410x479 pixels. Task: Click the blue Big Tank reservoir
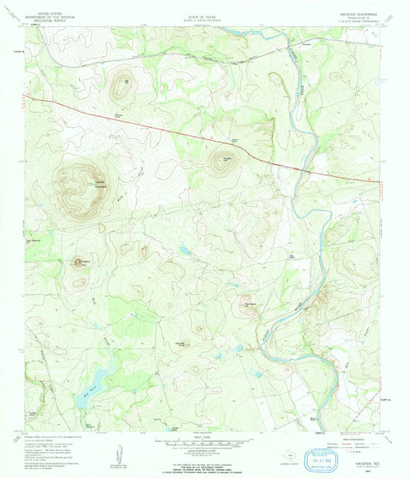click(98, 377)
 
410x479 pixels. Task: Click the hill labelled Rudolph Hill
click(227, 156)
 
